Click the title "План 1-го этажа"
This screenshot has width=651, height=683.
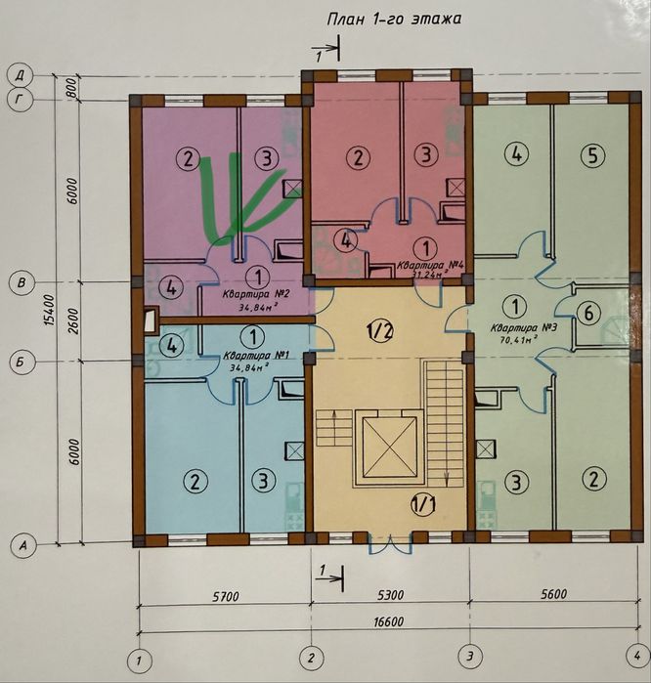pyautogui.click(x=394, y=20)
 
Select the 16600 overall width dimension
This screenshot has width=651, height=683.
pyautogui.click(x=389, y=621)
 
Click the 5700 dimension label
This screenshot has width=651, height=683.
pyautogui.click(x=225, y=596)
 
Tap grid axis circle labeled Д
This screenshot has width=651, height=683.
pyautogui.click(x=21, y=76)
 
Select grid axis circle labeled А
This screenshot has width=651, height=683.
pyautogui.click(x=23, y=545)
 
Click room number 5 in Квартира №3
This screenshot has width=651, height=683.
pyautogui.click(x=593, y=155)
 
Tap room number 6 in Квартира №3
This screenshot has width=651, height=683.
pyautogui.click(x=588, y=313)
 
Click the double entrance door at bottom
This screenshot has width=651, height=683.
pyautogui.click(x=390, y=543)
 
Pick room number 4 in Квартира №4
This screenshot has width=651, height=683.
pyautogui.click(x=346, y=241)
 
